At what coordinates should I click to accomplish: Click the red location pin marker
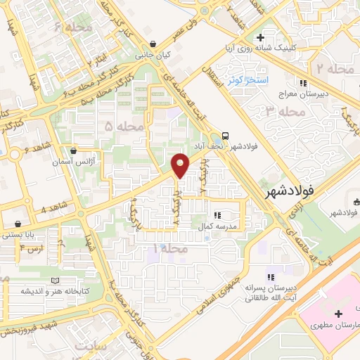181,165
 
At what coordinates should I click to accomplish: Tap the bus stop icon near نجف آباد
225,135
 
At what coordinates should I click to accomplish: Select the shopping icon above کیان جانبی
153,44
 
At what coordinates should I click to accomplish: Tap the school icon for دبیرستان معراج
303,84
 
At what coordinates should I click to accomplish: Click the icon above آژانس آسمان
74,150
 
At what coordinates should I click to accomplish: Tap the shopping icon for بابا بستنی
17,224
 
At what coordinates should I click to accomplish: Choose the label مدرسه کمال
223,227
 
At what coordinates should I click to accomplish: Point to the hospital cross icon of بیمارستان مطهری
339,313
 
